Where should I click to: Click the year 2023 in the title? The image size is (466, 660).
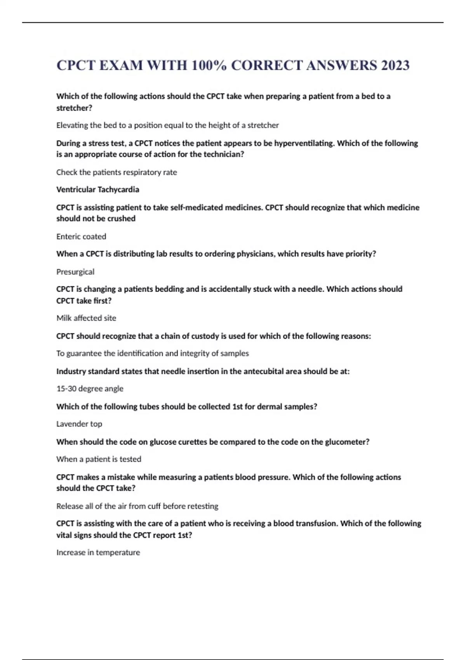tap(395, 65)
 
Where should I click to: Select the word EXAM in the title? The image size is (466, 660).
tap(121, 65)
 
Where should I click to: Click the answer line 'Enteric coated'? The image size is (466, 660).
tap(81, 236)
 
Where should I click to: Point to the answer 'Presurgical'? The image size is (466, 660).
tap(75, 272)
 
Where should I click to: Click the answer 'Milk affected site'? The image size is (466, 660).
tap(86, 318)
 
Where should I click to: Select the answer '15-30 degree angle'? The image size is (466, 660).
tap(90, 389)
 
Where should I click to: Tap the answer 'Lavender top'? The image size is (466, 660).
tap(79, 424)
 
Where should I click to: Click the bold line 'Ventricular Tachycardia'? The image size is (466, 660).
tap(97, 189)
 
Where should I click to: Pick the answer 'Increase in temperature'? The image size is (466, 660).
tap(98, 552)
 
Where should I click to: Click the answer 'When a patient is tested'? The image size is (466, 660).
tap(99, 459)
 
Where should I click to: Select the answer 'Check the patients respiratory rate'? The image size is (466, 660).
tap(116, 172)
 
